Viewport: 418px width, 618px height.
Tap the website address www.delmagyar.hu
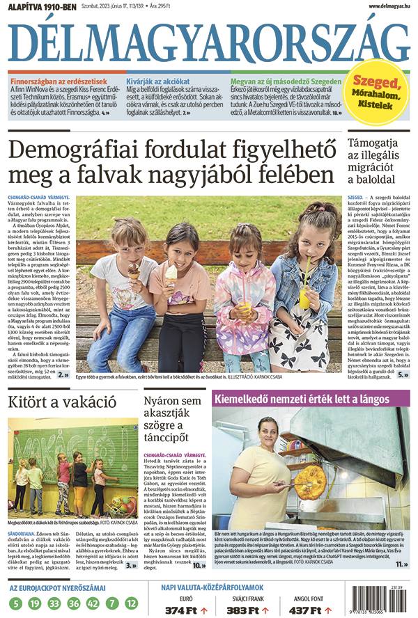pyautogui.click(x=384, y=6)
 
